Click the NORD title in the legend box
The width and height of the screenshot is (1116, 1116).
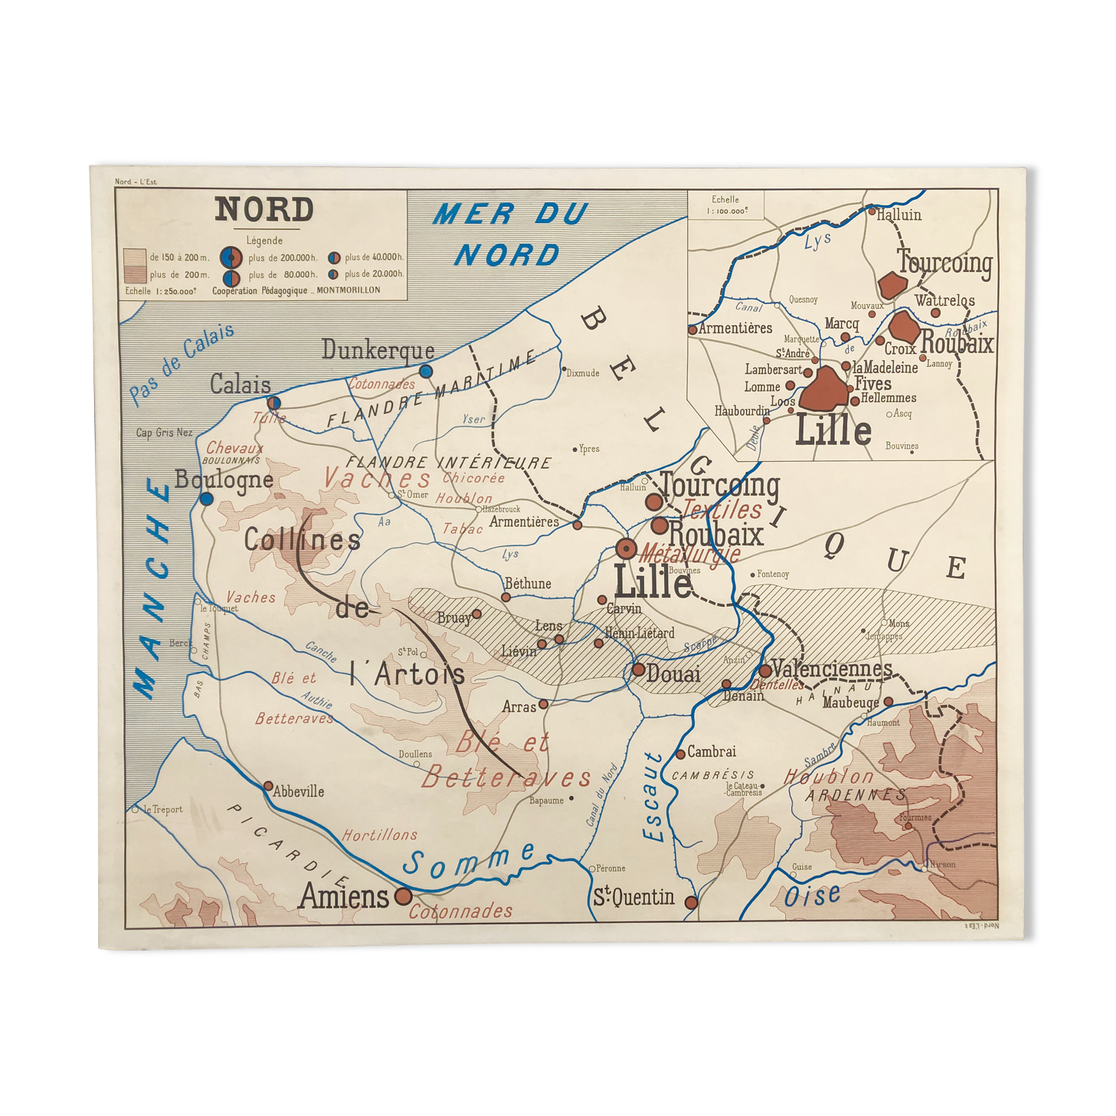click(x=264, y=209)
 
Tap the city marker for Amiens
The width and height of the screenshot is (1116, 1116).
click(x=403, y=896)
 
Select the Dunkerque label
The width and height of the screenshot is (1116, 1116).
click(x=378, y=351)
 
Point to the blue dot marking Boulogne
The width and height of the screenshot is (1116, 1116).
click(x=206, y=499)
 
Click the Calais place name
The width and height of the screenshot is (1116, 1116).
click(x=241, y=385)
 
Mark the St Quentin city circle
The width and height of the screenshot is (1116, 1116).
click(x=691, y=902)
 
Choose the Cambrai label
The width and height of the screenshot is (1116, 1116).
click(x=712, y=751)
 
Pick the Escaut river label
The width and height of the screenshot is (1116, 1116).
click(x=653, y=797)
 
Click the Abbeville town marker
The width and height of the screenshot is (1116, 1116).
click(x=268, y=786)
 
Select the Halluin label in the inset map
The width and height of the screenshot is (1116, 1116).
click(x=899, y=215)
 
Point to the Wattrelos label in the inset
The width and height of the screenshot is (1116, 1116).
click(x=944, y=300)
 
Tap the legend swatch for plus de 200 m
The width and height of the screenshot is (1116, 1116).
click(x=135, y=274)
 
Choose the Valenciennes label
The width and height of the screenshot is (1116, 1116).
click(x=832, y=669)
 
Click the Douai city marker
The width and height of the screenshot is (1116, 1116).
click(x=638, y=669)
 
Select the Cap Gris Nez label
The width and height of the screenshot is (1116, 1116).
click(x=164, y=433)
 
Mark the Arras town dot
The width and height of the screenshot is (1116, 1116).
click(x=543, y=704)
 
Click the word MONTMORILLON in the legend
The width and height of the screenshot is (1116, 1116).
click(x=349, y=290)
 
